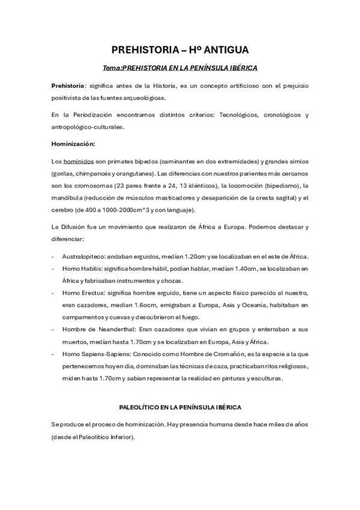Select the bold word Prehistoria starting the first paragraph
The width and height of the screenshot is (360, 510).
[x=67, y=87]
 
